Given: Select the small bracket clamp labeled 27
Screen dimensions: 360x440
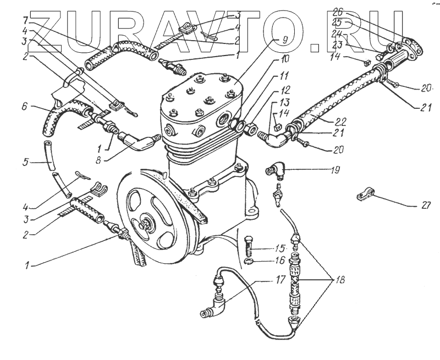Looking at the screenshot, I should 364,194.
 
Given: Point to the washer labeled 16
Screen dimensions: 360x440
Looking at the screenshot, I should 249,261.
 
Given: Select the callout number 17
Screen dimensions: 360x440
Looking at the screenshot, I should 280,280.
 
